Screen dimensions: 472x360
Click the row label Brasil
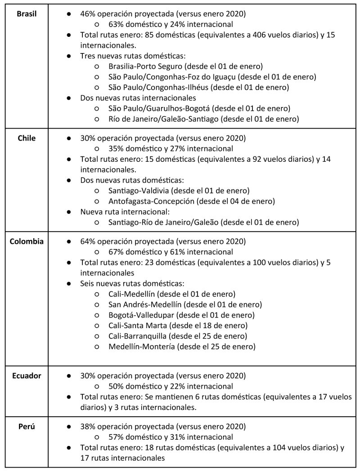point(27,14)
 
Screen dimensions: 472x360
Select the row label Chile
point(27,138)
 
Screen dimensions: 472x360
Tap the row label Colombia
point(27,241)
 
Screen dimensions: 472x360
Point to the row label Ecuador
point(27,375)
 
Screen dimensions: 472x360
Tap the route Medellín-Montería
point(141,346)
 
